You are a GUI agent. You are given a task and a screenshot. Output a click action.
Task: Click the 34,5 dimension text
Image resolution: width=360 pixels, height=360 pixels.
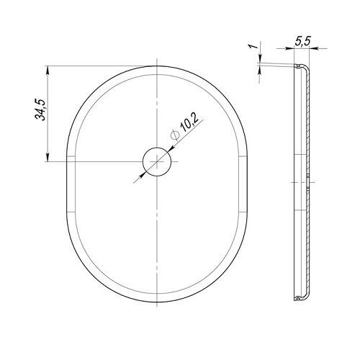(x=40, y=109)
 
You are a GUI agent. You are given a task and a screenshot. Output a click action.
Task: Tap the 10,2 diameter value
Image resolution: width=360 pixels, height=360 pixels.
(x=189, y=123)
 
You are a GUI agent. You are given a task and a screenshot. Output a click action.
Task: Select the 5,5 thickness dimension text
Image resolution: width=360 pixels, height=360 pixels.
(x=302, y=41)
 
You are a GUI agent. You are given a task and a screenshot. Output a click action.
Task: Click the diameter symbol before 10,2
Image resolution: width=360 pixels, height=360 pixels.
(x=175, y=135)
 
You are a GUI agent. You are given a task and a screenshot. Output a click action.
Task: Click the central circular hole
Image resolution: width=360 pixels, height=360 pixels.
(x=157, y=162)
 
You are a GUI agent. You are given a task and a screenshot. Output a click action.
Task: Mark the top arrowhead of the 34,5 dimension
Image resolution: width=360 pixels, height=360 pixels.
(x=48, y=70)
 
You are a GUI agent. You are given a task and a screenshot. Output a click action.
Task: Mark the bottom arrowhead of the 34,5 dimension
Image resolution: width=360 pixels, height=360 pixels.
(x=48, y=158)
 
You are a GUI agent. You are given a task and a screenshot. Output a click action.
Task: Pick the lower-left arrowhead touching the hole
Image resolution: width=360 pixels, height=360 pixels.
(x=143, y=174)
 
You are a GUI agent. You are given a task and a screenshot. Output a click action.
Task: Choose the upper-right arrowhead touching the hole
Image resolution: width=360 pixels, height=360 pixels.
(x=171, y=149)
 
